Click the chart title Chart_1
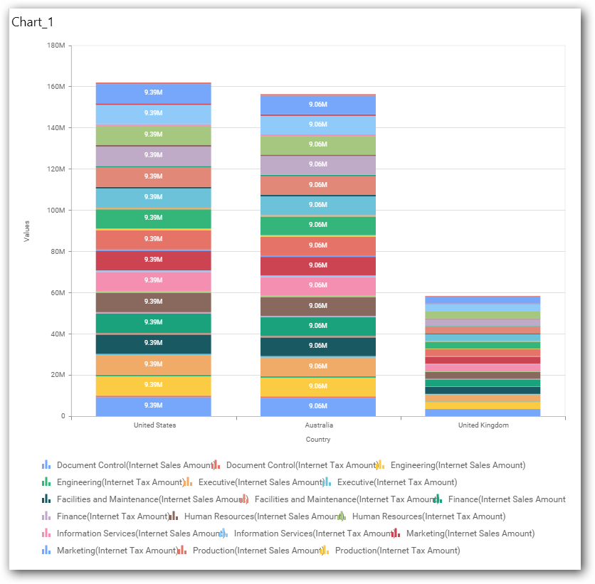(x=33, y=23)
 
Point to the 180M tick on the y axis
(x=56, y=46)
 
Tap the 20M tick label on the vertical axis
(x=58, y=375)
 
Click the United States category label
(x=154, y=425)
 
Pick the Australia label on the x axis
(x=318, y=425)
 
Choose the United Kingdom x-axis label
(x=483, y=425)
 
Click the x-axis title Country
(x=318, y=440)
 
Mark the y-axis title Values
(x=27, y=230)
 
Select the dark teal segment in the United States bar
(x=154, y=344)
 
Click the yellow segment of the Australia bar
(x=318, y=386)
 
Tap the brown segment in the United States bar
(x=154, y=302)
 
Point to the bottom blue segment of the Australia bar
(x=318, y=406)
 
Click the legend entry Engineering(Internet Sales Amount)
(x=458, y=465)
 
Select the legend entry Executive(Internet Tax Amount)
(x=397, y=482)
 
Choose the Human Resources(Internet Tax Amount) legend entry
(x=428, y=516)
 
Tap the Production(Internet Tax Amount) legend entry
(x=397, y=551)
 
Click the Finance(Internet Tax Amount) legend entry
(x=110, y=516)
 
